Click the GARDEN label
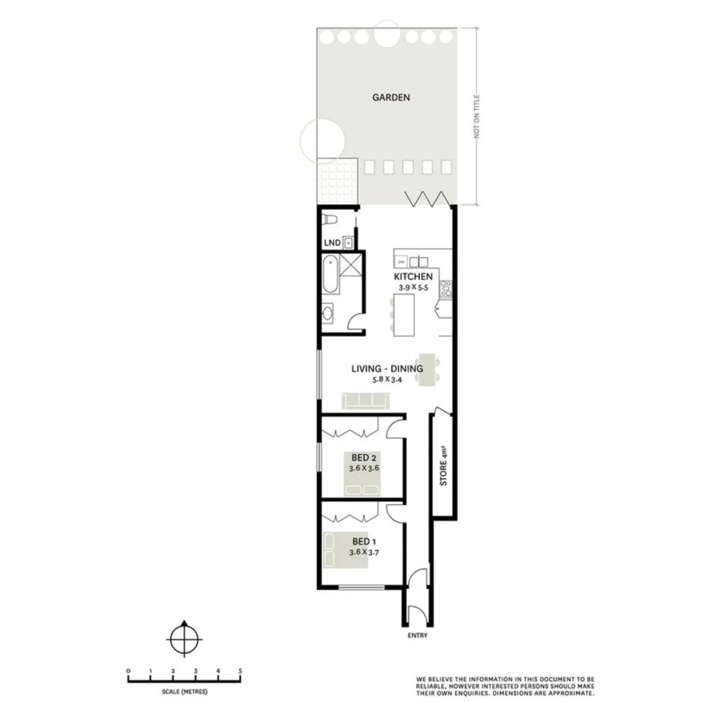point(391,97)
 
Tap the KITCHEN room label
point(413,276)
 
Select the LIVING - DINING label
point(387,369)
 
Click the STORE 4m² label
point(443,465)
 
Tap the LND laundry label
point(333,244)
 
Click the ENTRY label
point(418,636)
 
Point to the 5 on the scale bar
point(240,671)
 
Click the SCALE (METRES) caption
point(185,692)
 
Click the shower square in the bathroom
point(352,265)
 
